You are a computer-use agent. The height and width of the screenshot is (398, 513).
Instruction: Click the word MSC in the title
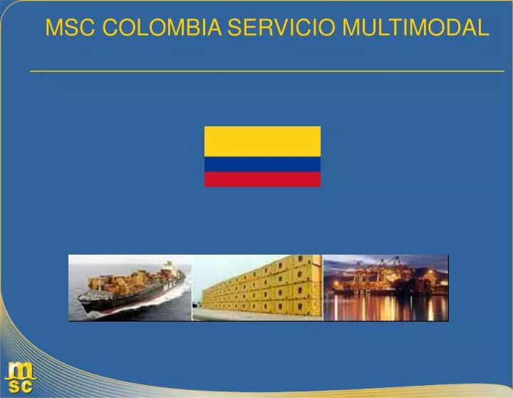[x=70, y=28]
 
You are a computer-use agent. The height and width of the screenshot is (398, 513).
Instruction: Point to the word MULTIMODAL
[x=416, y=28]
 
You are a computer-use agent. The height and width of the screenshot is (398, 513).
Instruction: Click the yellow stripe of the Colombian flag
[x=262, y=141]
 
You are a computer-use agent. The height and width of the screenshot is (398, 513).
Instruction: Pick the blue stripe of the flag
[x=262, y=164]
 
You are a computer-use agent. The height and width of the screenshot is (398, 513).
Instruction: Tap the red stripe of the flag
[x=262, y=179]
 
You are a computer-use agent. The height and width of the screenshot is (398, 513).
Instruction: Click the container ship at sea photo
[x=130, y=287]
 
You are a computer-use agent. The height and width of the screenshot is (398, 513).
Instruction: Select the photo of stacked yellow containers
[x=257, y=287]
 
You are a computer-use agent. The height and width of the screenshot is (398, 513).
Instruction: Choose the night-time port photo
[x=385, y=287]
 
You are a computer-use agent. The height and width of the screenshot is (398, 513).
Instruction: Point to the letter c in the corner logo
[x=26, y=387]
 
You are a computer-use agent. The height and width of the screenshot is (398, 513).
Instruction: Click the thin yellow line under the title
[x=266, y=71]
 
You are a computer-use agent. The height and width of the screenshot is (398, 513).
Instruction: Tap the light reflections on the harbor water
[x=385, y=308]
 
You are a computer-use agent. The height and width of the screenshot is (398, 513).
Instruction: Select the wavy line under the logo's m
[x=19, y=379]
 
